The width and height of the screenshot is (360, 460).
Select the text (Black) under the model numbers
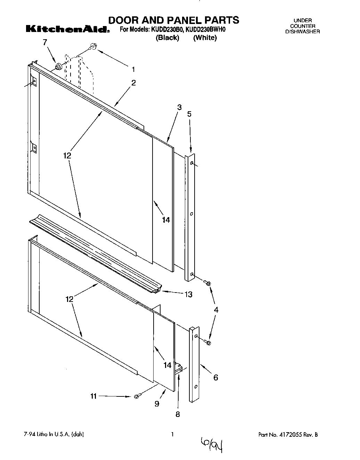(167, 38)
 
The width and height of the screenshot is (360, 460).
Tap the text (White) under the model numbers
(205, 38)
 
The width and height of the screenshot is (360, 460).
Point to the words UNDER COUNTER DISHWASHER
(302, 26)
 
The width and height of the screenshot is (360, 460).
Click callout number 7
(44, 42)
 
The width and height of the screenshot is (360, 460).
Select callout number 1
(133, 69)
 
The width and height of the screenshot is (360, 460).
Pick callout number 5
(189, 114)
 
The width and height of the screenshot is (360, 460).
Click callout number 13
(188, 295)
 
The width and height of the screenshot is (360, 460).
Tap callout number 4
(216, 310)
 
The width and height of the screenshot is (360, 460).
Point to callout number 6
(215, 377)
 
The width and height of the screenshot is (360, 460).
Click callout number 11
(93, 396)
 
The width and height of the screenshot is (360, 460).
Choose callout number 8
(178, 414)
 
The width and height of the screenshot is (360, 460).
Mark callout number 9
(157, 404)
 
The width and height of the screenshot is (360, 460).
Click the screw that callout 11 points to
(136, 396)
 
